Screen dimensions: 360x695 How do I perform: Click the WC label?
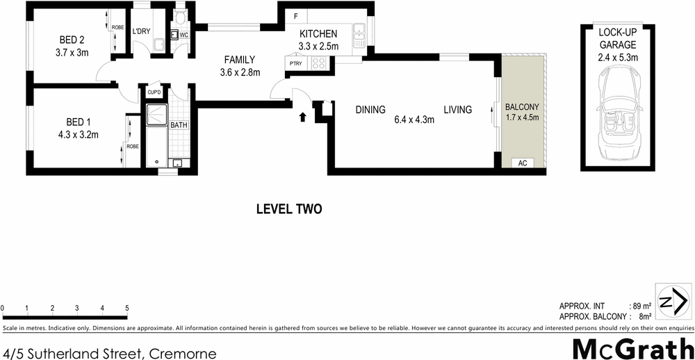click(x=184, y=35)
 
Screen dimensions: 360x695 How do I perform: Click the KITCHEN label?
click(x=318, y=34)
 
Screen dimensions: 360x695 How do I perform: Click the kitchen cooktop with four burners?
click(x=318, y=63)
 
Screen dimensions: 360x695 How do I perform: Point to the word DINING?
click(x=370, y=110)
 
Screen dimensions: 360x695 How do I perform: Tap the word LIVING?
click(x=458, y=110)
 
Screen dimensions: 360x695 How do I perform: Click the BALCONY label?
click(x=521, y=107)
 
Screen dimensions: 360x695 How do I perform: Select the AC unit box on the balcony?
click(x=523, y=163)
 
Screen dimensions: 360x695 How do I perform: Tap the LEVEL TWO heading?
click(x=288, y=208)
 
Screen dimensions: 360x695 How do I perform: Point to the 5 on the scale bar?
click(x=126, y=307)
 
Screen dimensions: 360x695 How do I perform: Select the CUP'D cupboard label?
click(x=154, y=92)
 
